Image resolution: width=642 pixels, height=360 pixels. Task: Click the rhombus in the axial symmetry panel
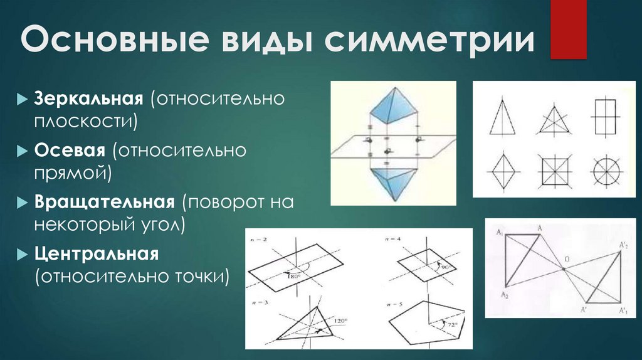coord(503,169)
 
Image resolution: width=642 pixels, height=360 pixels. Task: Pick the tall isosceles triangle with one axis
coord(503,117)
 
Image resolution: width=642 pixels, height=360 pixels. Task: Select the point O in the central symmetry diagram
coord(564,268)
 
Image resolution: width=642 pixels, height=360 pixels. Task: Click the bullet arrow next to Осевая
coord(21,152)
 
